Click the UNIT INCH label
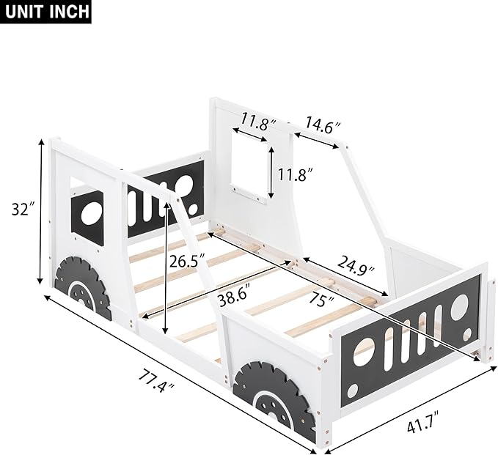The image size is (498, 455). tap(46, 12)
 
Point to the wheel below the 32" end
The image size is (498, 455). tap(83, 287)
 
